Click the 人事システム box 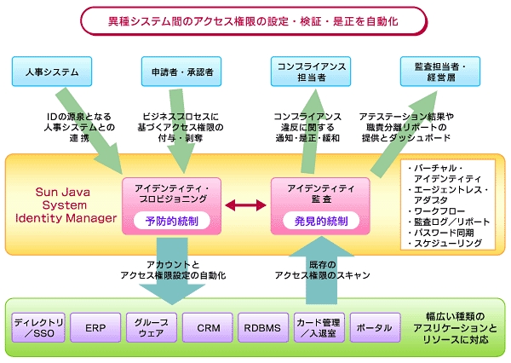point(52,72)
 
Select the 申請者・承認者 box point(181,72)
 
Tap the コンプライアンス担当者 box point(311,72)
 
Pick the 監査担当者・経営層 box point(440,72)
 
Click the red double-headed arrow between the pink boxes point(245,205)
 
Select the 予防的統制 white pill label point(172,222)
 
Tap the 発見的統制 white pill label point(321,222)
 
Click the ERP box point(95,327)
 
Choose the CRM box point(208,327)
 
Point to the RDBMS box point(263,327)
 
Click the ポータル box point(375,327)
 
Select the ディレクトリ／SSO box point(38,327)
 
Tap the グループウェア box point(152,327)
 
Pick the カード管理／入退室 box point(319,327)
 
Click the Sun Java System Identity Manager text point(66,205)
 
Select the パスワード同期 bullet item point(440,233)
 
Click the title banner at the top point(254,21)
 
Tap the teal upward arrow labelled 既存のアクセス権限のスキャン point(321,270)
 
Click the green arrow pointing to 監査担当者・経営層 point(404,134)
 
